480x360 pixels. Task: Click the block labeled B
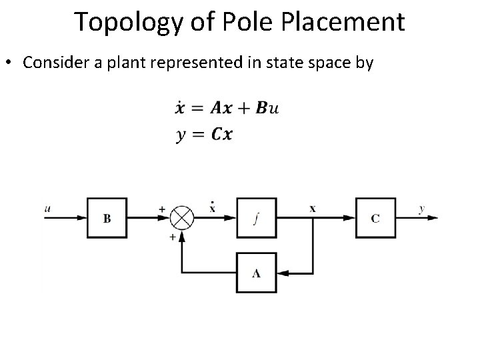tap(107, 218)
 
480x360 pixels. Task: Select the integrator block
tap(257, 218)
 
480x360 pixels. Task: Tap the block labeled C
tap(375, 218)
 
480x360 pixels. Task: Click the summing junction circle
tap(181, 218)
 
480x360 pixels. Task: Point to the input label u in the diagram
tap(47, 209)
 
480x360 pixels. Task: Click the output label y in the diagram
tap(421, 209)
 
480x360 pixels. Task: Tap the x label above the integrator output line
tap(313, 208)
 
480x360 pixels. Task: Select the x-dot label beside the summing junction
tap(212, 207)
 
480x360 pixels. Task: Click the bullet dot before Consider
tap(8, 63)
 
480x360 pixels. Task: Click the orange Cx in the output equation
tap(222, 134)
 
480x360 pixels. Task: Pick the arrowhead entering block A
tap(283, 273)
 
